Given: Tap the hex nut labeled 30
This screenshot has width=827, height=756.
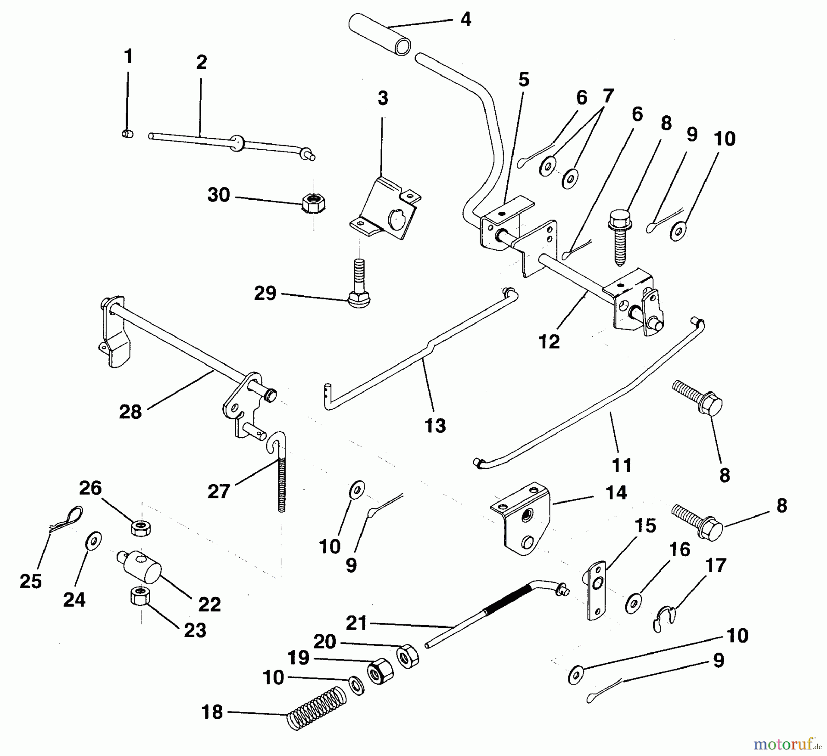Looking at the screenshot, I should [313, 203].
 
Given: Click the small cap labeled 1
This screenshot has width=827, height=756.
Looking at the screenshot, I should [127, 134].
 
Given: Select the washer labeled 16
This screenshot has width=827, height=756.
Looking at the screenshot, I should [634, 603].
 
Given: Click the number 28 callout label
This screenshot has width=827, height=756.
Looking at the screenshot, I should [130, 412].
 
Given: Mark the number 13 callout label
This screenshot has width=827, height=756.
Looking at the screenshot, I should [435, 426].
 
